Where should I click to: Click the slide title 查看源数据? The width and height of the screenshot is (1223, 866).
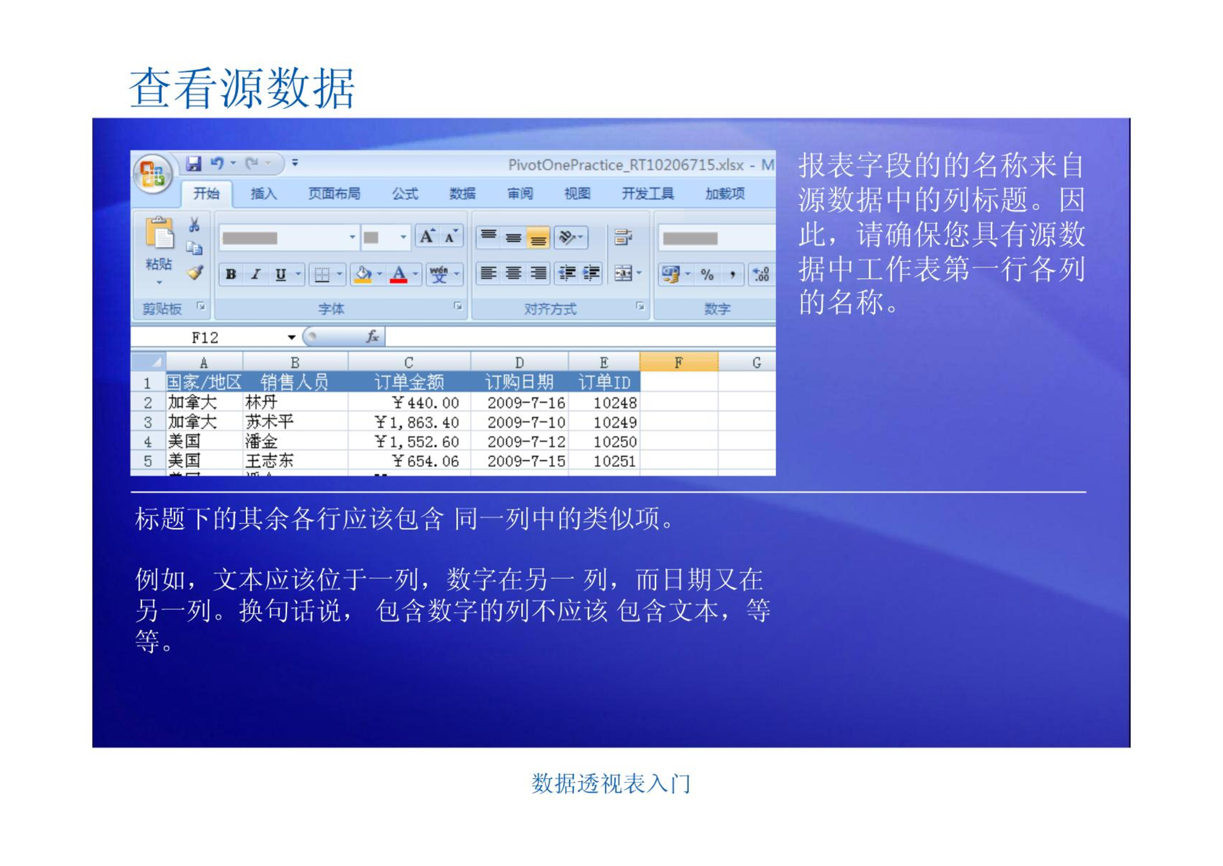[242, 88]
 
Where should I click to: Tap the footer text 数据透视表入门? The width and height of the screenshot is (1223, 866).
[611, 783]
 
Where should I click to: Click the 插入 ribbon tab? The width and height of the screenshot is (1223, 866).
[264, 193]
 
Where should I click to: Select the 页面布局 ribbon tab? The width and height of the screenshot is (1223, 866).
[334, 193]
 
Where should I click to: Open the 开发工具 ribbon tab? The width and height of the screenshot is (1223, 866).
[647, 193]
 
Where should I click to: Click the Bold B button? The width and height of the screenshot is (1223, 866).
[231, 274]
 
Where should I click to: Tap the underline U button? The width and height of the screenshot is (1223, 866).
[281, 274]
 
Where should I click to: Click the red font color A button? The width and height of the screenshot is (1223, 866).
[399, 274]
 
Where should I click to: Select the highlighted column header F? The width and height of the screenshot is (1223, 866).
[679, 362]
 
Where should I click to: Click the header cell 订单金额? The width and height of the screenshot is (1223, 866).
[409, 382]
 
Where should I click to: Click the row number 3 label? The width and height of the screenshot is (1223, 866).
[148, 422]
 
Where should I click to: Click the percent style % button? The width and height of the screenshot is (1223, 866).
[707, 274]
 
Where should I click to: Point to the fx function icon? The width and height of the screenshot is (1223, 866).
[373, 337]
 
